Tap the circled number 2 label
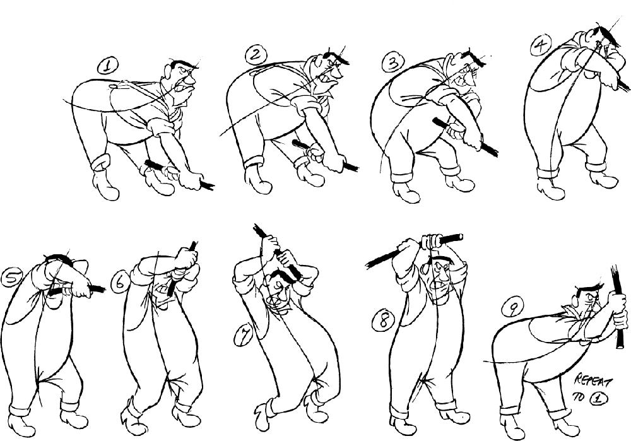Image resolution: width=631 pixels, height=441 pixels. (255, 56)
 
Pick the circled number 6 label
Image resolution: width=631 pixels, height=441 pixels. (117, 285)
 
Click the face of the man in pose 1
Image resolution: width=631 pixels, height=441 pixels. (184, 81)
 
